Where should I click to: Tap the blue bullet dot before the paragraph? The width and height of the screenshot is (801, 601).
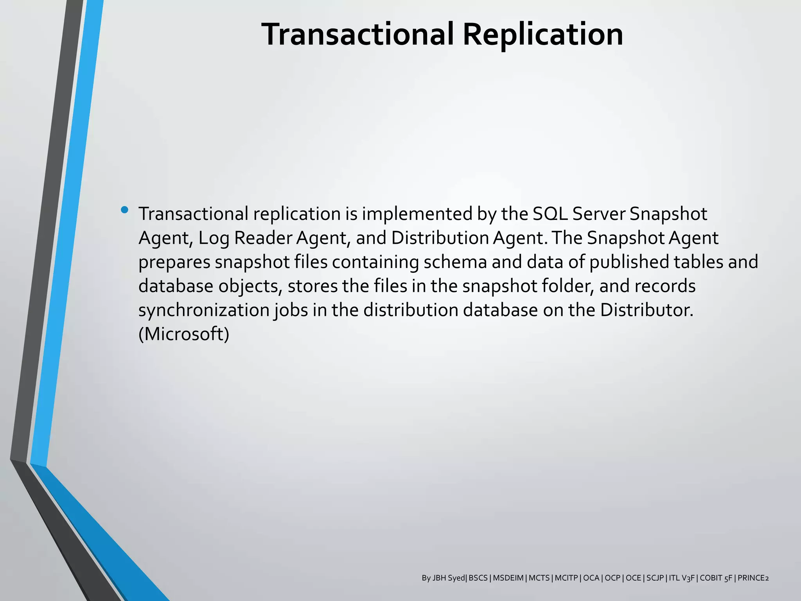(125, 210)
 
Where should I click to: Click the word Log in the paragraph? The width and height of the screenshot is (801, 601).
(214, 238)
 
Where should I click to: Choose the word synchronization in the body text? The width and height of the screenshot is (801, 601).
(204, 310)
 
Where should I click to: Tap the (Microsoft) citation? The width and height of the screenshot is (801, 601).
(184, 334)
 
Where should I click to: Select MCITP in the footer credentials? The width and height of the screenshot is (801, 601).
(566, 578)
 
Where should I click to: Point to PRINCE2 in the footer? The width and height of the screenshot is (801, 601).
(753, 578)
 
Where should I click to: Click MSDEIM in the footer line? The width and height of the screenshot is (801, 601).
(508, 578)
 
